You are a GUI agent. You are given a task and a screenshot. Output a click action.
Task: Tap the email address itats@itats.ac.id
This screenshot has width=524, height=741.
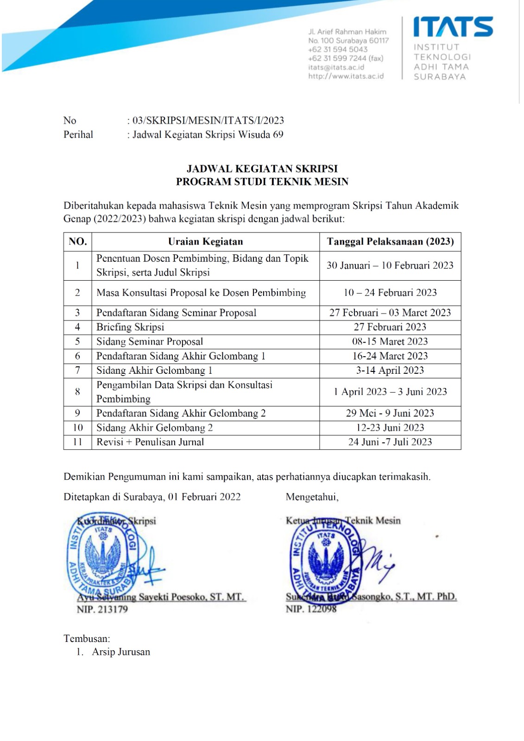[x=336, y=67]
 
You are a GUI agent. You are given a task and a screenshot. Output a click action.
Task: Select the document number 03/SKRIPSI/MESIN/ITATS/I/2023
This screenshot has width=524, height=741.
[x=208, y=120]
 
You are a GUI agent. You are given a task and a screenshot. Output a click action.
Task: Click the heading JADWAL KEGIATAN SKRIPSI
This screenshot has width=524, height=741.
[x=262, y=169]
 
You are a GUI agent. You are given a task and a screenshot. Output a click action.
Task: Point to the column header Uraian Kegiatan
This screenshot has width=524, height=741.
[x=205, y=242]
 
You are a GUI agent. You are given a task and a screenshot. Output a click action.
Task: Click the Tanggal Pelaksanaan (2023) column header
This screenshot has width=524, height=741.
[x=390, y=242]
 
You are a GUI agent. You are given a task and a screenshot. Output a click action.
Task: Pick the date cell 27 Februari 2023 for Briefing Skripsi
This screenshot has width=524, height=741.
[x=390, y=327]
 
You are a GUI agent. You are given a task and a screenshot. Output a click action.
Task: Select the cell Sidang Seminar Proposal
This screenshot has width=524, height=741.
[x=150, y=342]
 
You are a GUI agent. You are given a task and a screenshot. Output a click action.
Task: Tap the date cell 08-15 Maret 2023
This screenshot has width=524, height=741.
[x=390, y=342]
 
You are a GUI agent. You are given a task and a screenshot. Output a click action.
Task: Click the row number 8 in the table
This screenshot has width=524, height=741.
[x=77, y=392]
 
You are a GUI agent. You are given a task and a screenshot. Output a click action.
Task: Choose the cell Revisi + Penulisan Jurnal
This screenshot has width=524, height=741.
[x=150, y=442]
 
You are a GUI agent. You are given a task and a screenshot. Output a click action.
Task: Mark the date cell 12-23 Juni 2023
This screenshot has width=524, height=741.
[x=390, y=428]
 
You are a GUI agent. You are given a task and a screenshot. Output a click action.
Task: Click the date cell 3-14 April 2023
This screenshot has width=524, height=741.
[x=390, y=370]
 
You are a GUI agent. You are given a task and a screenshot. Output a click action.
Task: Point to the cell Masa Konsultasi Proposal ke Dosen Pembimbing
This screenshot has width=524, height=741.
[x=201, y=293]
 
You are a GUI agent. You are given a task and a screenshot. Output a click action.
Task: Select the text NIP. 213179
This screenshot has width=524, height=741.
[x=102, y=609]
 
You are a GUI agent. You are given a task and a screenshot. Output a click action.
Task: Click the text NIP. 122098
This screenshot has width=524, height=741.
[x=311, y=609]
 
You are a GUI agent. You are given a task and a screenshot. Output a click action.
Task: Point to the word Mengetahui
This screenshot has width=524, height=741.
[x=312, y=497]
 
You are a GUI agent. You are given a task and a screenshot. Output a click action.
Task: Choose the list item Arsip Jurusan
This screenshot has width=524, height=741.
[x=121, y=652]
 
